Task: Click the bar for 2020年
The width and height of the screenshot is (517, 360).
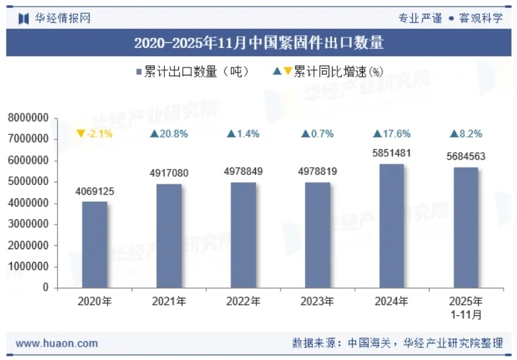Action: pyautogui.click(x=95, y=244)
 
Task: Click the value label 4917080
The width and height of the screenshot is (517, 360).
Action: pyautogui.click(x=169, y=174)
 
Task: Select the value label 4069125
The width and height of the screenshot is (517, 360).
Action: pyautogui.click(x=95, y=192)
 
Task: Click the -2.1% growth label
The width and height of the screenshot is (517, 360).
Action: pyautogui.click(x=95, y=134)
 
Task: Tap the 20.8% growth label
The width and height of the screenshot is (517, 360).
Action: pyautogui.click(x=169, y=134)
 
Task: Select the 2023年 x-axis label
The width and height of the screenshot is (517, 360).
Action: pyautogui.click(x=317, y=302)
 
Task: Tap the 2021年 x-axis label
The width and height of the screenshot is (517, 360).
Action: pyautogui.click(x=169, y=302)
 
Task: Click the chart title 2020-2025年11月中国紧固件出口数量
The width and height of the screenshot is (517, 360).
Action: pyautogui.click(x=258, y=44)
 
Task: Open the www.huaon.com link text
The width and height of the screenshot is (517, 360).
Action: pyautogui.click(x=57, y=344)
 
